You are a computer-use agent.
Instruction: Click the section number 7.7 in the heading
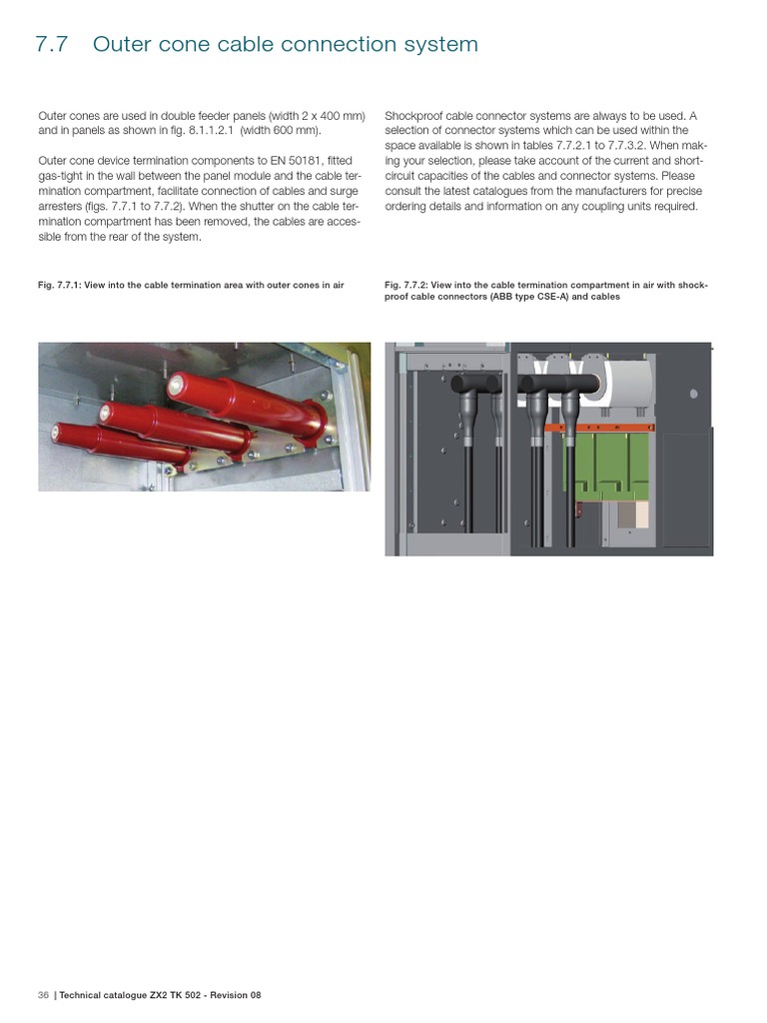click(x=51, y=45)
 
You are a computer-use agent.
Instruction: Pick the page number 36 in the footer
click(x=43, y=995)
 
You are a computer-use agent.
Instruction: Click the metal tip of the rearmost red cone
click(x=176, y=382)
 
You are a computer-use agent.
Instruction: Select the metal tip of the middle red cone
click(x=105, y=410)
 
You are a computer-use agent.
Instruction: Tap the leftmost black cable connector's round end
click(x=461, y=384)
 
